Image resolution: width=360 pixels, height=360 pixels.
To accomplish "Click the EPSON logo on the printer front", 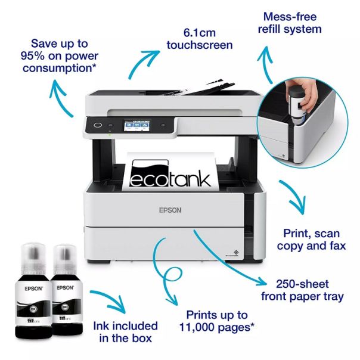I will point(170,210).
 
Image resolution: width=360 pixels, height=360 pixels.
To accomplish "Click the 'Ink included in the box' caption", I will point(125,332).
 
